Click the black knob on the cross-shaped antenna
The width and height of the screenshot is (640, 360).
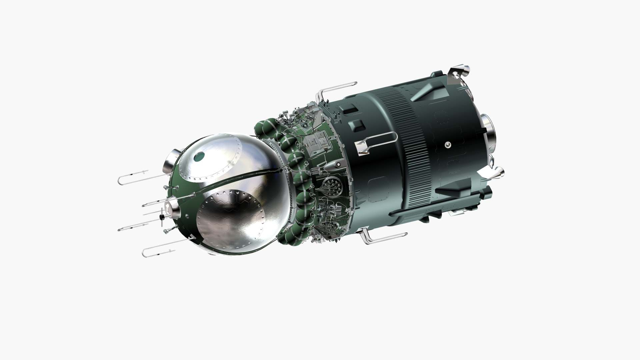pyautogui.click(x=162, y=217)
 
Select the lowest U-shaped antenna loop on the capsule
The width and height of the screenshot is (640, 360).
pyautogui.click(x=157, y=249)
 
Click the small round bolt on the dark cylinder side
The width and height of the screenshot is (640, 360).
pyautogui.click(x=448, y=144)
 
